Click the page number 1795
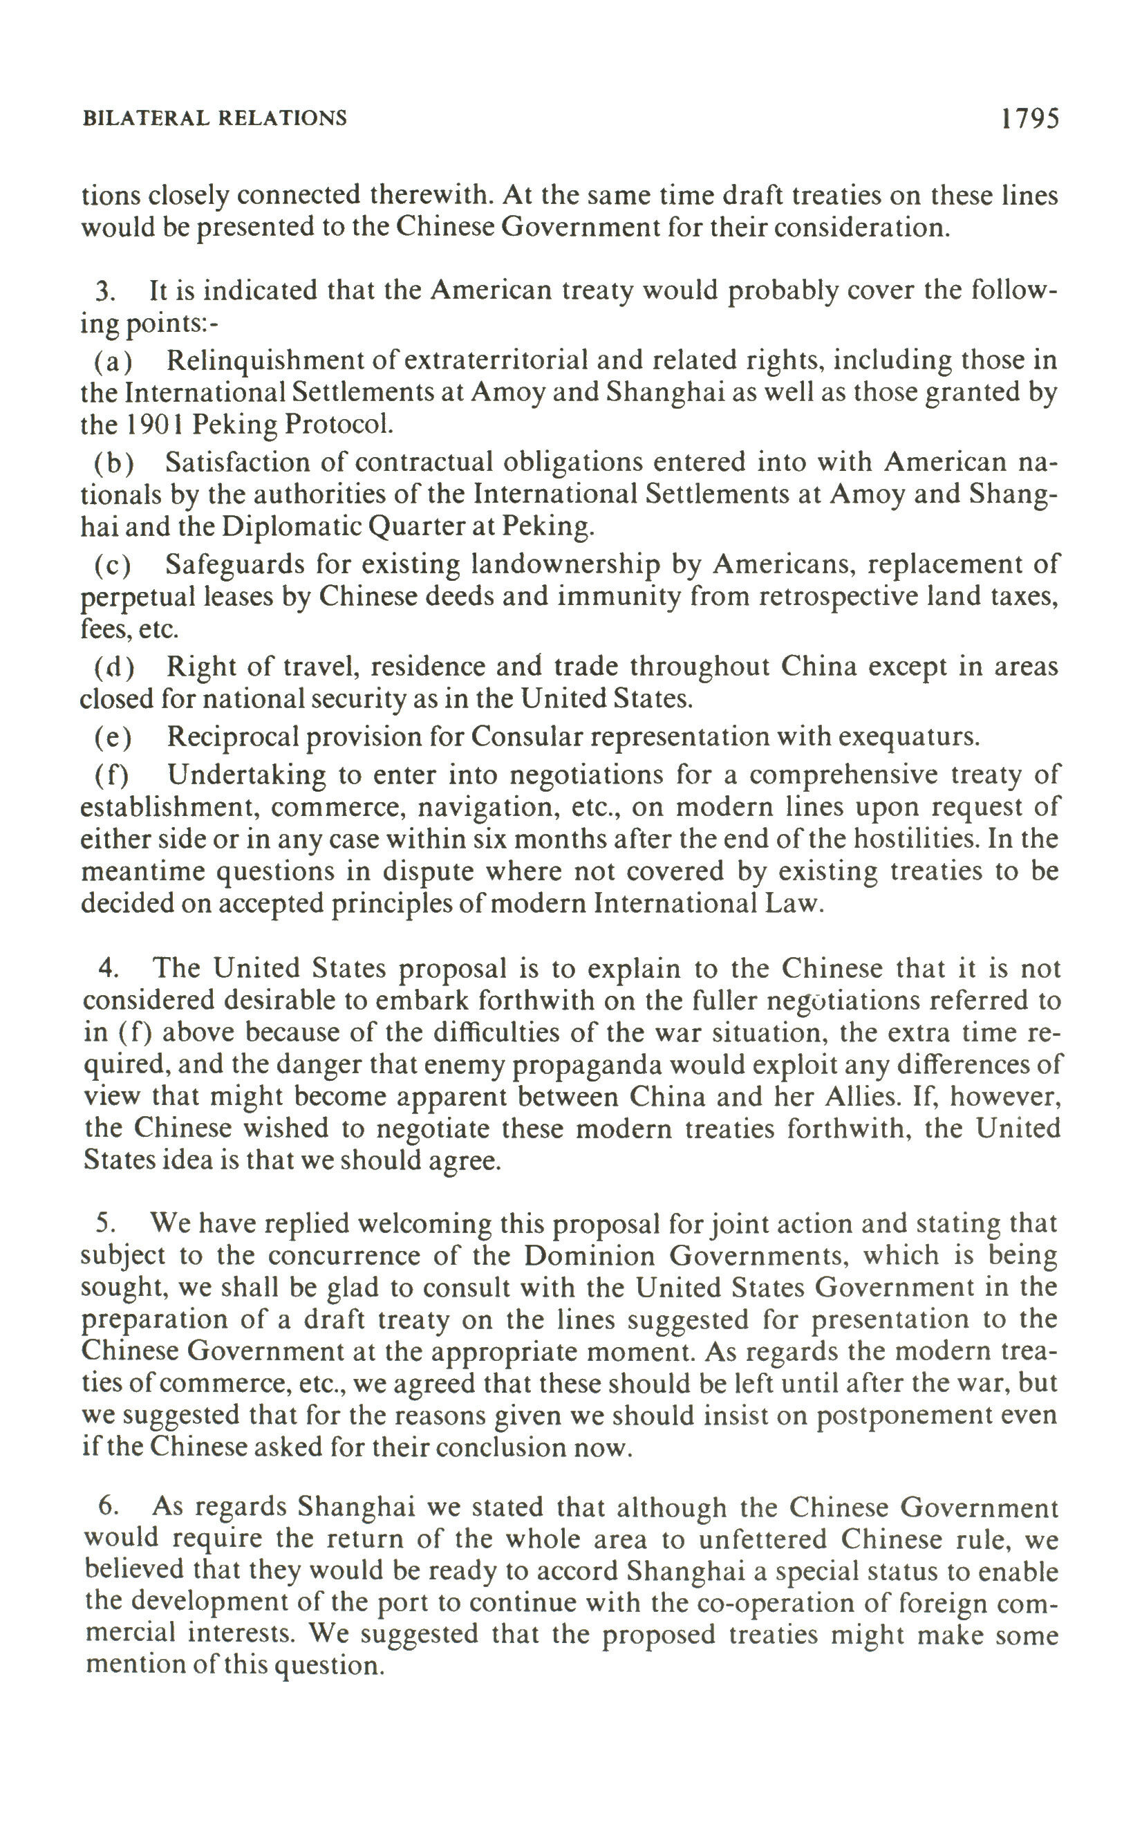coord(1030,119)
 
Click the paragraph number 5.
coord(106,1223)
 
